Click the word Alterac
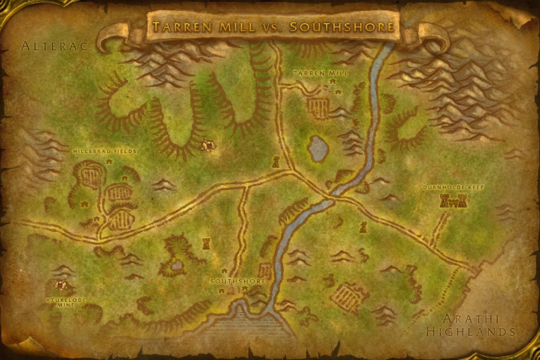pos(54,47)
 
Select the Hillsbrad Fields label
pos(105,152)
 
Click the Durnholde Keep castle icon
pos(453,201)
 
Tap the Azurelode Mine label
pos(66,302)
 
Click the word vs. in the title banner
pos(273,27)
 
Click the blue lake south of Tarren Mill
pos(318,148)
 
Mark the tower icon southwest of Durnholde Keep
pos(363,226)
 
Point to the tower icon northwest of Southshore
pos(206,243)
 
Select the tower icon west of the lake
pos(276,161)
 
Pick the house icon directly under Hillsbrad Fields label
pos(109,161)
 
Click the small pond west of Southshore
pos(177,265)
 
